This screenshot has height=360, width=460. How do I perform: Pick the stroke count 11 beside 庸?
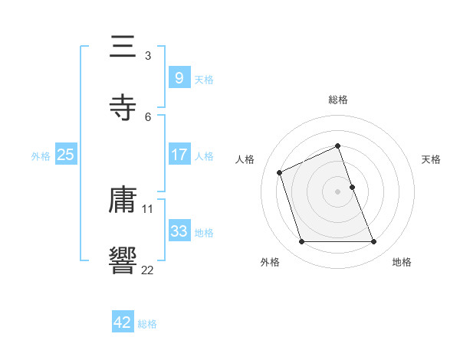pyautogui.click(x=148, y=208)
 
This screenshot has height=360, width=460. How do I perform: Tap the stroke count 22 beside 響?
pyautogui.click(x=148, y=269)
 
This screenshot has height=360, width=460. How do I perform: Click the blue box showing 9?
pyautogui.click(x=179, y=77)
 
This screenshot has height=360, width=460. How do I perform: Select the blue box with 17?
pyautogui.click(x=179, y=155)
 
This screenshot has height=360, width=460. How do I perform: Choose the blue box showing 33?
pyautogui.click(x=179, y=231)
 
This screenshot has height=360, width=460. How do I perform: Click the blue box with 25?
pyautogui.click(x=65, y=155)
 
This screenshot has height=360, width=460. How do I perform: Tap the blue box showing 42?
pyautogui.click(x=123, y=322)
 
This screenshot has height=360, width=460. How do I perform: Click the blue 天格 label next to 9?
pyautogui.click(x=204, y=79)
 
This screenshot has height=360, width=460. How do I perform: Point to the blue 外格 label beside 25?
pyautogui.click(x=41, y=155)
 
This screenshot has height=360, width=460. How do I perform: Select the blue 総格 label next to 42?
pyautogui.click(x=147, y=324)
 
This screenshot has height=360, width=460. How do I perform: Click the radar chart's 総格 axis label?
pyautogui.click(x=338, y=100)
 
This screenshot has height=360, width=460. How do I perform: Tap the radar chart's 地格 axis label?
pyautogui.click(x=402, y=262)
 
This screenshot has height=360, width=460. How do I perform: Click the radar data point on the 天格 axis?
pyautogui.click(x=352, y=187)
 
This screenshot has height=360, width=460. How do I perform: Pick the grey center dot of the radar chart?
pyautogui.click(x=338, y=191)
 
